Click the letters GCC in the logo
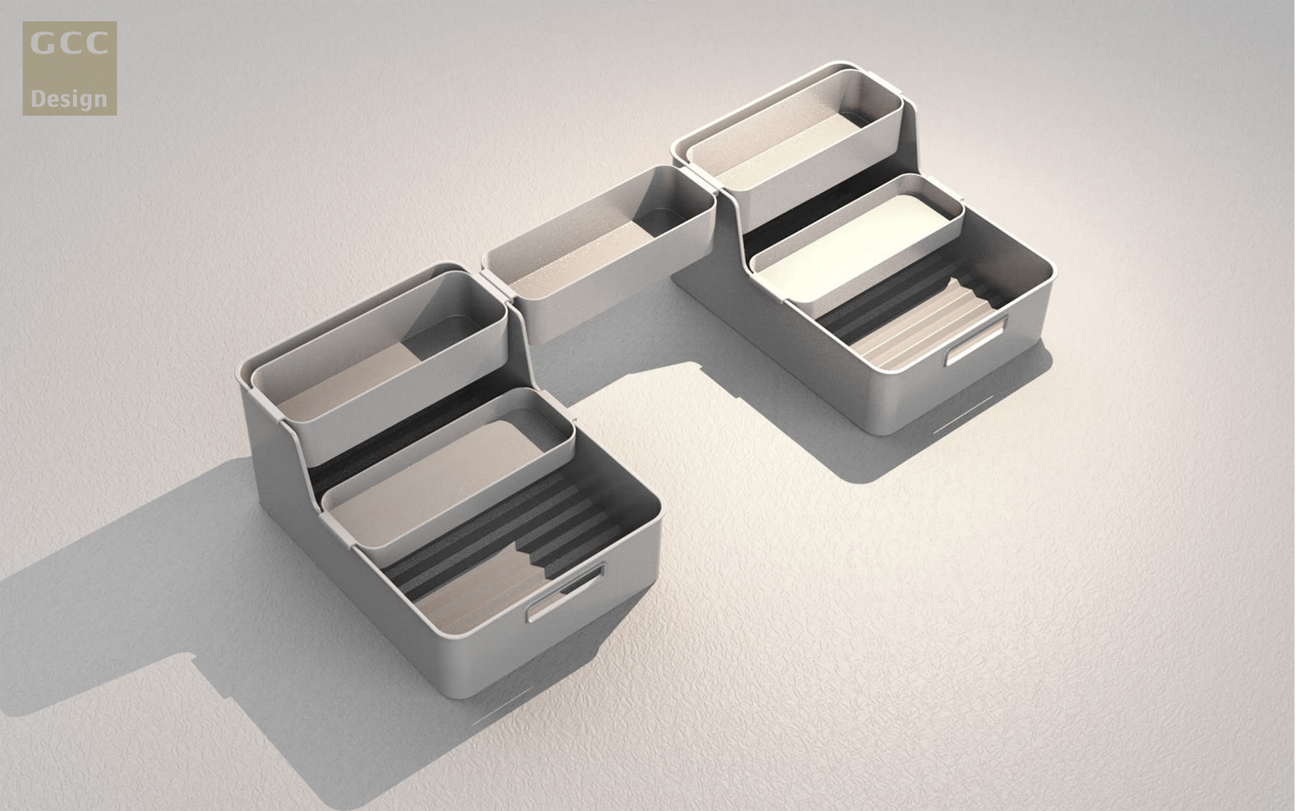pyautogui.click(x=69, y=44)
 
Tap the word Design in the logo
pyautogui.click(x=69, y=99)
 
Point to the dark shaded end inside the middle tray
pyautogui.click(x=669, y=220)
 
